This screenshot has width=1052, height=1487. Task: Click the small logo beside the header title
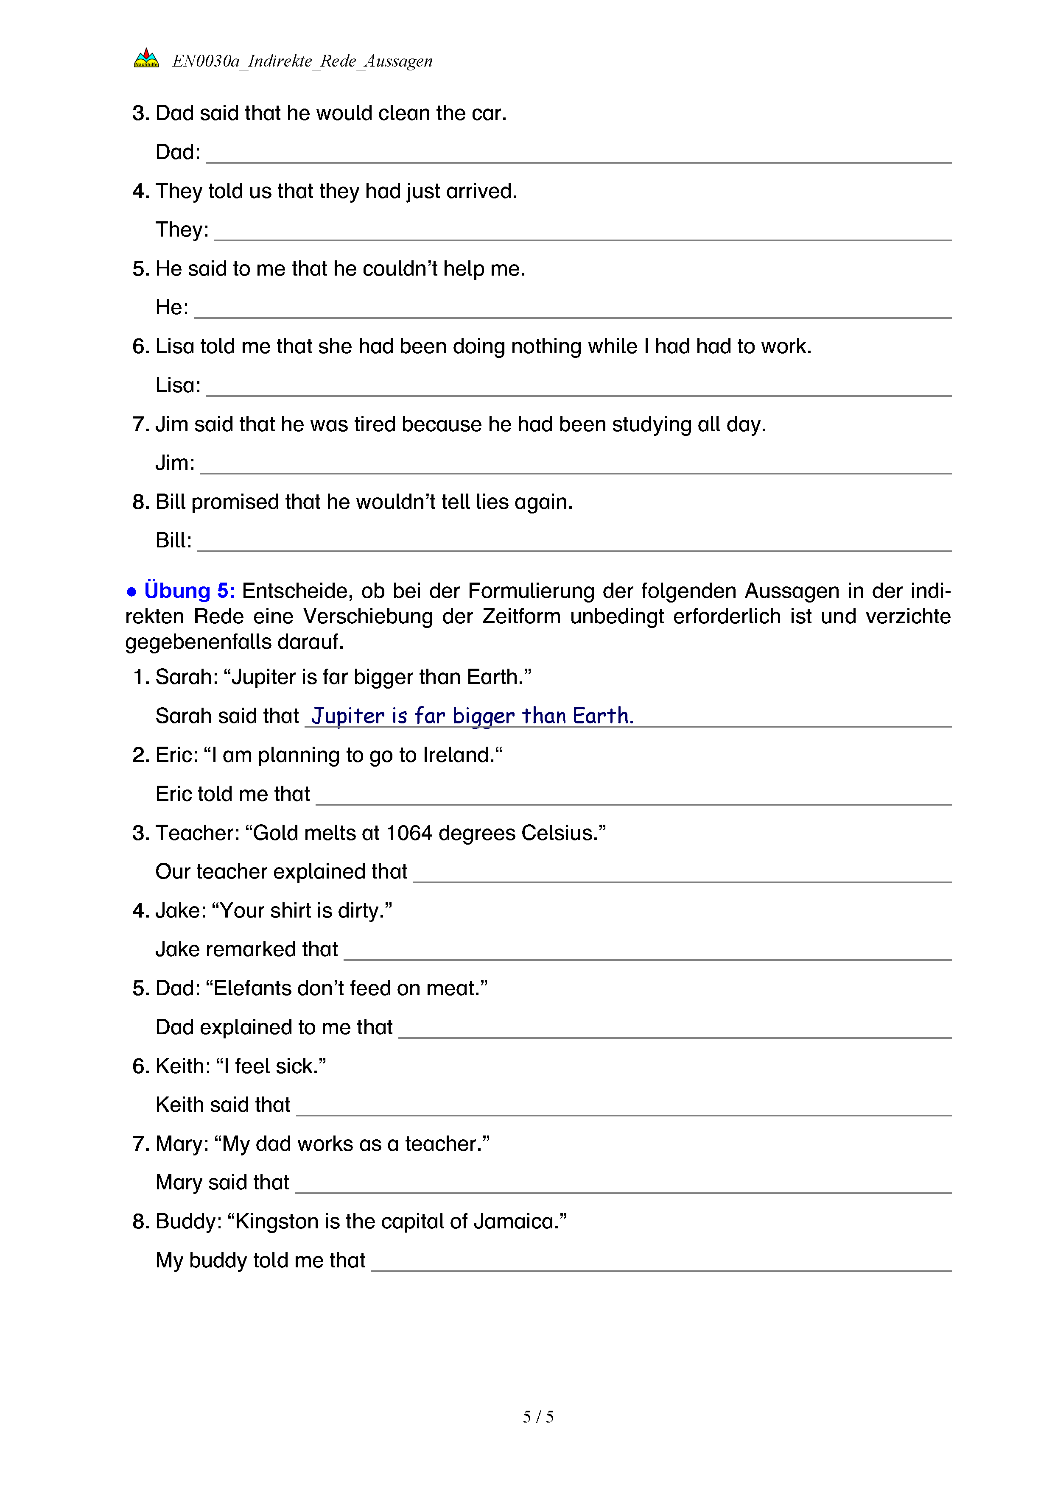pos(146,59)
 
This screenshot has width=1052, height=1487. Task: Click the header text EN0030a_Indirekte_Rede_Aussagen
pos(302,61)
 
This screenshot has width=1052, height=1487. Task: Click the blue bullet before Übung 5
pos(131,592)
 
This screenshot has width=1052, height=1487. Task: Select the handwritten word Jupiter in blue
pos(348,716)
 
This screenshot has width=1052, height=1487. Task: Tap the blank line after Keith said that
pos(623,1108)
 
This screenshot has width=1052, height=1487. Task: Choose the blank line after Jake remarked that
pos(647,953)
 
